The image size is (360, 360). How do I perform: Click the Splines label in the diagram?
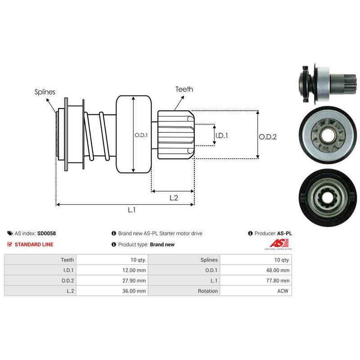[45, 92]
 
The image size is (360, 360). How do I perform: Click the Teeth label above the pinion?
[184, 89]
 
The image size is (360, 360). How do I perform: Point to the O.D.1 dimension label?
[141, 135]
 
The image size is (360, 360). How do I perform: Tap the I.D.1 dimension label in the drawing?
[221, 135]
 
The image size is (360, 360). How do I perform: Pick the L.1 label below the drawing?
[132, 210]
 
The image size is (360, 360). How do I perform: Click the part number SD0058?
[46, 234]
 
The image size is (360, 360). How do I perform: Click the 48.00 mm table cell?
[279, 270]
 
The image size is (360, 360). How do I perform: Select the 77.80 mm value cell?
[279, 280]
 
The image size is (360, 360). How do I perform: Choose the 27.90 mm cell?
[135, 280]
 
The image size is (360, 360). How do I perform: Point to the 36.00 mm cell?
[135, 291]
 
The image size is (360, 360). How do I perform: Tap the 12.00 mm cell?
[135, 270]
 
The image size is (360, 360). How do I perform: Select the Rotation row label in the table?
[207, 291]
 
